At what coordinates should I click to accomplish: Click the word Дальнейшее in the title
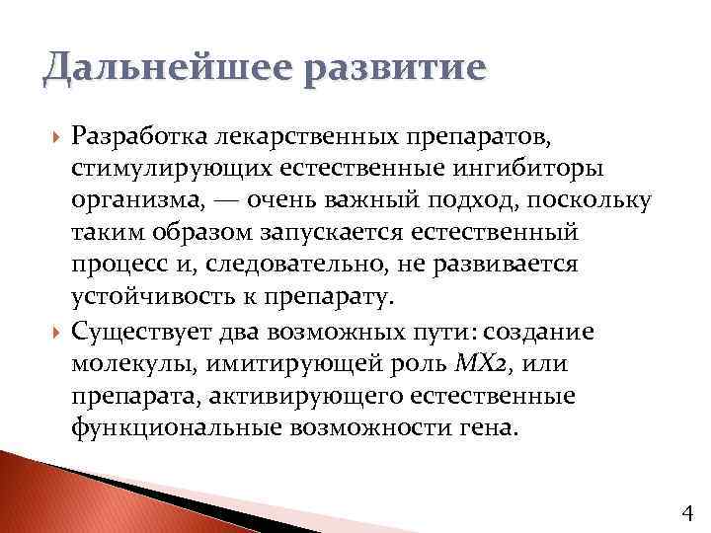(137, 72)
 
